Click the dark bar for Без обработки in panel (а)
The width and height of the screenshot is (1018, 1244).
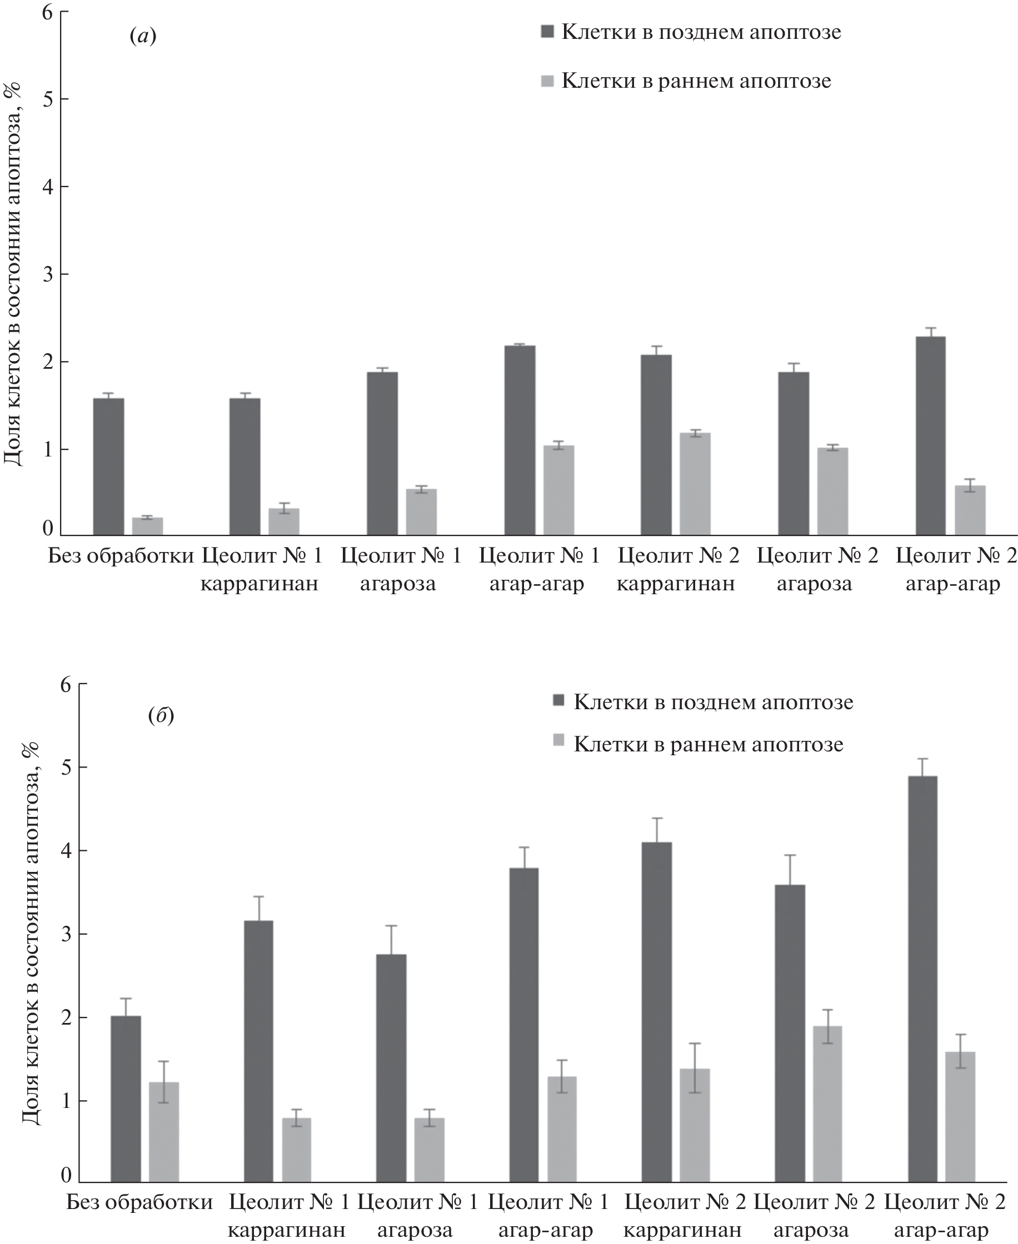pyautogui.click(x=108, y=466)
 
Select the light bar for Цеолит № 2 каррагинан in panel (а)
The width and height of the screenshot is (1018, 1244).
pyautogui.click(x=695, y=484)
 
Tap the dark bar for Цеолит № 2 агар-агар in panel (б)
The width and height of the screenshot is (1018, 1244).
pyautogui.click(x=922, y=979)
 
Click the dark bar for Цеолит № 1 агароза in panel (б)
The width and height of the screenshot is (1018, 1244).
pyautogui.click(x=391, y=1068)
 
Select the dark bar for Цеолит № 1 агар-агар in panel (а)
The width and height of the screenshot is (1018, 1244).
pyautogui.click(x=520, y=440)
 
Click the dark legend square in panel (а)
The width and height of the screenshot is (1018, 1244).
pyautogui.click(x=547, y=32)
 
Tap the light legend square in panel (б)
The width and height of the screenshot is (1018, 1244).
pyautogui.click(x=559, y=741)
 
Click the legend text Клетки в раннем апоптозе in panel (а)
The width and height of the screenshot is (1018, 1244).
pyautogui.click(x=696, y=81)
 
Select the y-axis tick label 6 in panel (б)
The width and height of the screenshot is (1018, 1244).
pyautogui.click(x=66, y=684)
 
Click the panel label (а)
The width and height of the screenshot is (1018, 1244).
pyautogui.click(x=142, y=37)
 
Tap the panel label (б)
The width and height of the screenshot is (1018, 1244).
pyautogui.click(x=161, y=715)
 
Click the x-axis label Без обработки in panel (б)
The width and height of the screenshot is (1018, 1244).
pyautogui.click(x=139, y=1202)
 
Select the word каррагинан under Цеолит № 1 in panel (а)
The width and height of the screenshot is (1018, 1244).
pyautogui.click(x=259, y=584)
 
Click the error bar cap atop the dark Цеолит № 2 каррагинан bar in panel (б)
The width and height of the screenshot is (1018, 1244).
pyautogui.click(x=657, y=818)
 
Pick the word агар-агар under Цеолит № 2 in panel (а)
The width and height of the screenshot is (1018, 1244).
pyautogui.click(x=953, y=584)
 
